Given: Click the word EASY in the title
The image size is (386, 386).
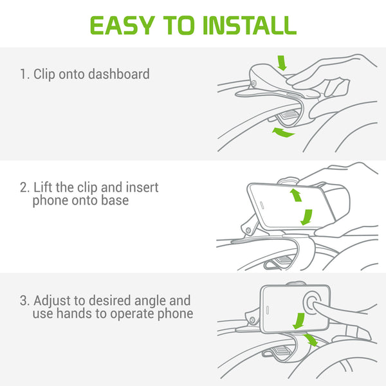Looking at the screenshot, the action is tap(123, 25).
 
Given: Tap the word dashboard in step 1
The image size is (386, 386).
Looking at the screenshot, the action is tap(119, 74).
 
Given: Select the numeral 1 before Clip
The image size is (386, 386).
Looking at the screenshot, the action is tap(24, 74).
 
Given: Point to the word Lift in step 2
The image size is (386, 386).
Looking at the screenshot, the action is tap(43, 187).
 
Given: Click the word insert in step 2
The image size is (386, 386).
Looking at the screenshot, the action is tap(142, 187).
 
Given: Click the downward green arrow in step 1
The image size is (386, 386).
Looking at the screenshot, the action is tap(282, 63).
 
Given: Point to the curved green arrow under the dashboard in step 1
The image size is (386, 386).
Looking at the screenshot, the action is tap(283, 133).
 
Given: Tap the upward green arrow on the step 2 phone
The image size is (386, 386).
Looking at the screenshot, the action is tap(296, 195).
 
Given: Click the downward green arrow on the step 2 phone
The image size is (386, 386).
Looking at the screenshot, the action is tap(307, 217).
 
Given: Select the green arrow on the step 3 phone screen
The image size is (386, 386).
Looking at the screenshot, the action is tap(299, 321).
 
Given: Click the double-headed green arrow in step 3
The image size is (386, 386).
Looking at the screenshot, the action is tap(311, 340).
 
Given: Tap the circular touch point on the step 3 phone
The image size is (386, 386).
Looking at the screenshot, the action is tap(311, 302).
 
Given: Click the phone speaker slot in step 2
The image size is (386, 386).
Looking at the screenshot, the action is tap(262, 205).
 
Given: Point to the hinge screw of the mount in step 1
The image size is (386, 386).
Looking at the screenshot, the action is tap(253, 84).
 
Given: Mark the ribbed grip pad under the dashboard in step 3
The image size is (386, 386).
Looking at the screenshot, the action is tap(282, 351).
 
